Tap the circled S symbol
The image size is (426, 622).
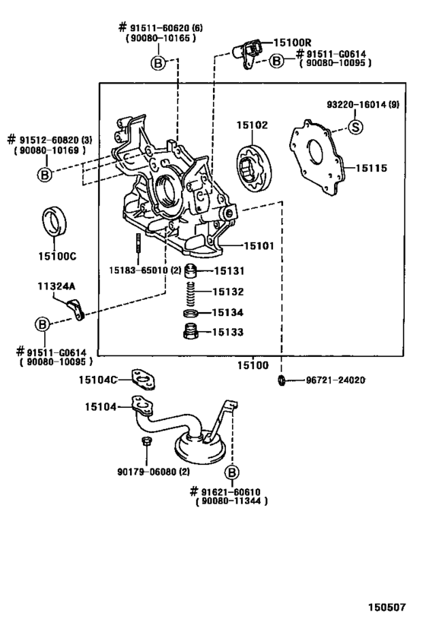tap(354, 127)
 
